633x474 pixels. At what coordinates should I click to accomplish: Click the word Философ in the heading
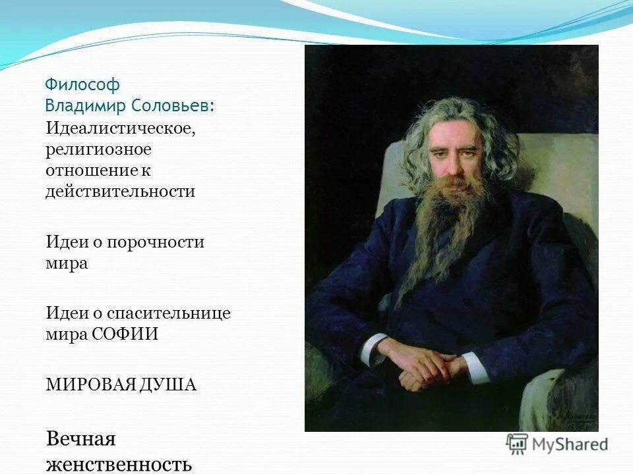[x=82, y=85]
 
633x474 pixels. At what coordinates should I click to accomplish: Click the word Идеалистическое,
[x=121, y=128]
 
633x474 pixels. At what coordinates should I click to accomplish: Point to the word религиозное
[x=98, y=149]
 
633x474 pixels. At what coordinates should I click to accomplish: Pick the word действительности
[x=121, y=192]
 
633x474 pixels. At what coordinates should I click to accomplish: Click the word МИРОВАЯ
[x=88, y=384]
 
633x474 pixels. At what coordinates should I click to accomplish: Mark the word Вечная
[x=81, y=438]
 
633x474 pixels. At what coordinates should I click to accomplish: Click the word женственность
[x=119, y=463]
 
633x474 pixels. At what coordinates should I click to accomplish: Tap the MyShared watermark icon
[x=517, y=444]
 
